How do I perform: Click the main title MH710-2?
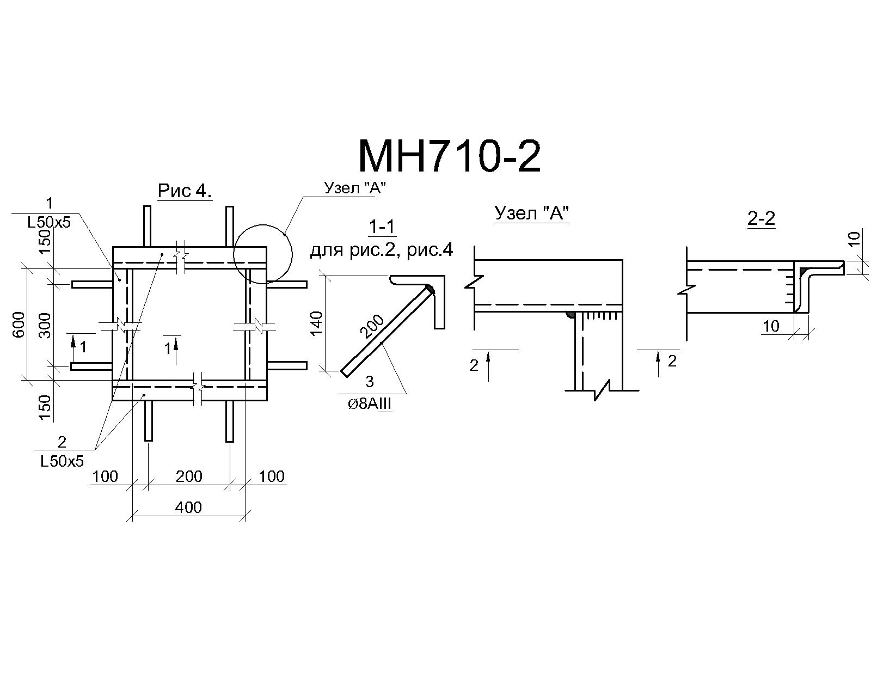(450, 157)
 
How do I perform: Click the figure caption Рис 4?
(185, 191)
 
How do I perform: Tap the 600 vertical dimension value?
(20, 325)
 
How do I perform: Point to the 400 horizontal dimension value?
(188, 506)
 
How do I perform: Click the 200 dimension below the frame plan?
(189, 476)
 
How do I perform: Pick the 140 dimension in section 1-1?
(316, 323)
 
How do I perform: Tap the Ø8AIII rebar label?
(370, 404)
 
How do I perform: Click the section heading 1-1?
(382, 227)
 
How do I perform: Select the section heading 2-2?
(762, 219)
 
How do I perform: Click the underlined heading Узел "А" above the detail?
(532, 213)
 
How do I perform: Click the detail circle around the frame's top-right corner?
(291, 254)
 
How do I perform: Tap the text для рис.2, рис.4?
(382, 250)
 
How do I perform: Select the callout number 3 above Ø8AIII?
(370, 381)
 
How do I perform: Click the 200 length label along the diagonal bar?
(372, 326)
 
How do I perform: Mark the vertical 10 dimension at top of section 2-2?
(853, 239)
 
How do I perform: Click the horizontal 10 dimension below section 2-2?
(770, 326)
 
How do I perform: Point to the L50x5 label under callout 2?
(62, 461)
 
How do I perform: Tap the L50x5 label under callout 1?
(49, 222)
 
